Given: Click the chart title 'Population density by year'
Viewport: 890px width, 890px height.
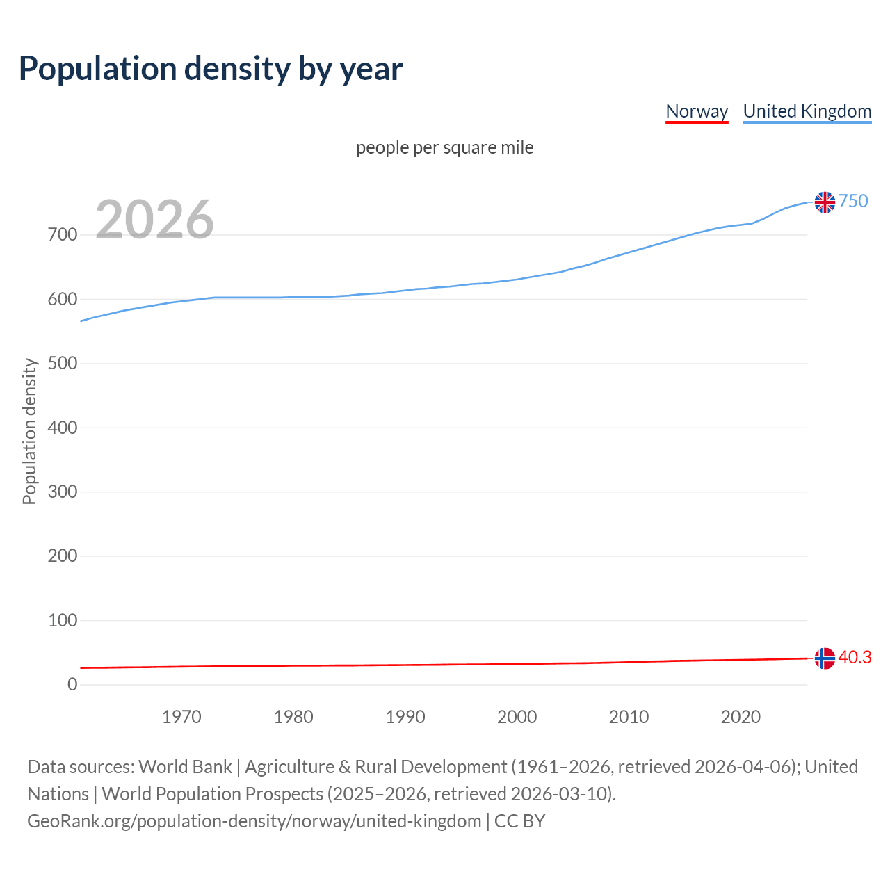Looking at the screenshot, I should point(211,68).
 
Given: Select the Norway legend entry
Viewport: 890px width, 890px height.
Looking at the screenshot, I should point(697,111).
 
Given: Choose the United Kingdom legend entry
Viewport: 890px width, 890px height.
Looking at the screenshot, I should point(807,111).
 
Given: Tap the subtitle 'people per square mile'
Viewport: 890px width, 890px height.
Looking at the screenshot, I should point(444,147).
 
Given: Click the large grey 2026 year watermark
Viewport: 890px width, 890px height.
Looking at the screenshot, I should point(154,220).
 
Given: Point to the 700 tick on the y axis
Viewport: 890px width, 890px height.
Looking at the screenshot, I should point(63,235).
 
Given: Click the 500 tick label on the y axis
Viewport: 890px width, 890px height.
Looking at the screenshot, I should point(63,364).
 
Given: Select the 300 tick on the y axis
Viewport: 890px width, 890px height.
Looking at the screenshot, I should point(63,492).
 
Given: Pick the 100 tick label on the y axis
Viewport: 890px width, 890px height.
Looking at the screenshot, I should point(63,620).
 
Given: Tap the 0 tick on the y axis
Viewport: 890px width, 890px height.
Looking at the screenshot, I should point(72,685).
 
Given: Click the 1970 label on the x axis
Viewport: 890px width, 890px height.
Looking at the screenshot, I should point(181,717).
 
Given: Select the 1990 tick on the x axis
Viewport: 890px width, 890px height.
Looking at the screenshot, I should point(405,717).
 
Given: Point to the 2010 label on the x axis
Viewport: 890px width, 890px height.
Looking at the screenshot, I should point(629,717).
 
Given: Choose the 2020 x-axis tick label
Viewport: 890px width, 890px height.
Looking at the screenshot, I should point(741,717).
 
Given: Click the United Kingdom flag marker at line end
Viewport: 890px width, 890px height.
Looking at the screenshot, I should point(825,202).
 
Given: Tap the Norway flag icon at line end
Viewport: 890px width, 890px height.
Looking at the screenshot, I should point(825,658).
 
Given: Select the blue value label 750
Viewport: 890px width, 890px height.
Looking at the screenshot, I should point(853,201).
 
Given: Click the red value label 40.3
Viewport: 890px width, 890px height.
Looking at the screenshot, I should point(855,657).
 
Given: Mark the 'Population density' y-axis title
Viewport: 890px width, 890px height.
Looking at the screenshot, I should point(29,431).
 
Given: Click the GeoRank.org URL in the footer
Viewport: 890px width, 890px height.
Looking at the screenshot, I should point(254,821).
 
